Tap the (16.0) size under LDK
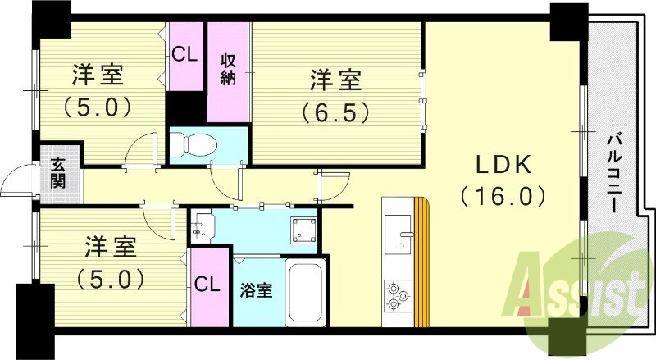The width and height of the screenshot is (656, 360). [x=503, y=196]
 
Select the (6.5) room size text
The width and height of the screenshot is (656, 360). [x=335, y=110]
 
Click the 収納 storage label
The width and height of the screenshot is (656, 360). [x=228, y=71]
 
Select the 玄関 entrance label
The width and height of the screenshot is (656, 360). [x=59, y=171]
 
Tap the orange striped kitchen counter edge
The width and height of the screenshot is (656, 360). [x=421, y=262]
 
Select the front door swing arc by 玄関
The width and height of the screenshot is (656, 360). [x=16, y=184]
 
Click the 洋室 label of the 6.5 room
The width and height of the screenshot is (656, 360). [x=335, y=80]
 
